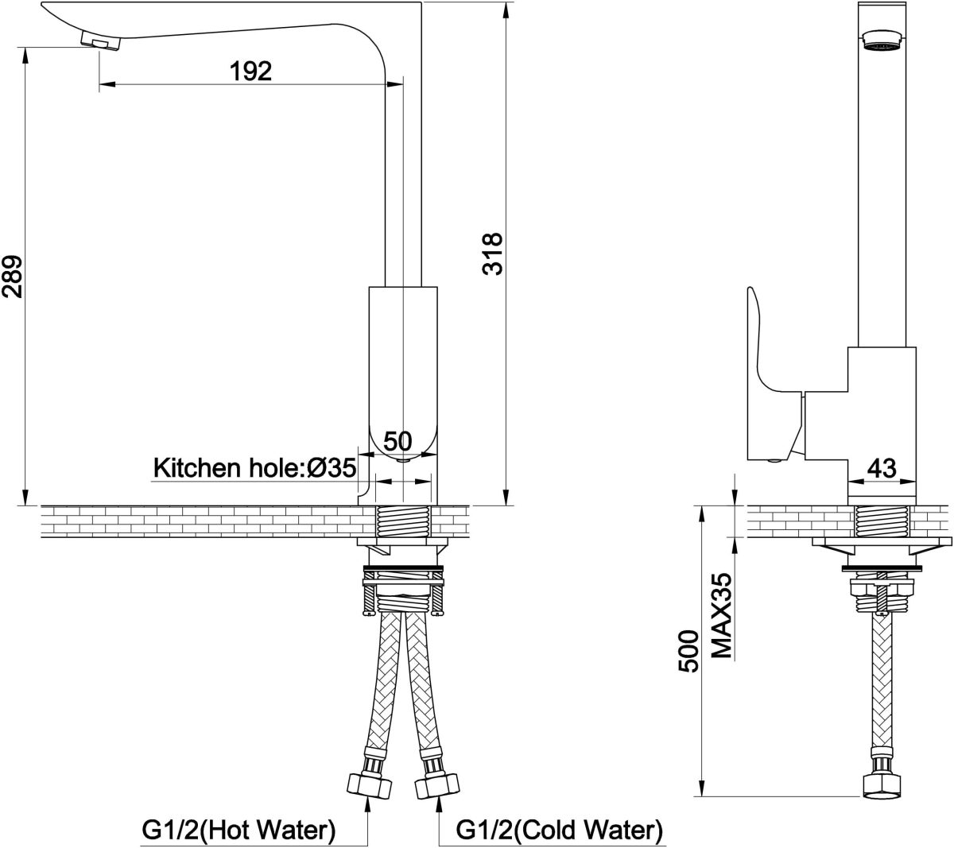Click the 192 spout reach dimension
click(251, 71)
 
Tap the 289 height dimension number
click(12, 277)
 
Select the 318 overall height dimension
click(492, 254)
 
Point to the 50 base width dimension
click(397, 441)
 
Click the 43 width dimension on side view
click(881, 468)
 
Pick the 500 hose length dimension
click(689, 651)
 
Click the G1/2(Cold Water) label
click(560, 831)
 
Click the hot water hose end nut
click(370, 784)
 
